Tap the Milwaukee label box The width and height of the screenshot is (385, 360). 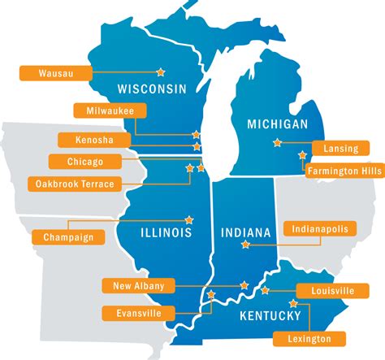tap(104, 111)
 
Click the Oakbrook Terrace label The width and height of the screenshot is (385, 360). tap(74, 184)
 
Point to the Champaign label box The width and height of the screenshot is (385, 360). tap(68, 237)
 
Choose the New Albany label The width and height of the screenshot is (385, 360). tap(138, 285)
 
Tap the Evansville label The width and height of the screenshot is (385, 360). tap(137, 313)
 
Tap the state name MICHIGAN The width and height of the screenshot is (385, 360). tap(277, 124)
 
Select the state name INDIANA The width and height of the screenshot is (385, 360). tap(245, 233)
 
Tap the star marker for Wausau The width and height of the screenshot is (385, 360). tap(160, 72)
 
